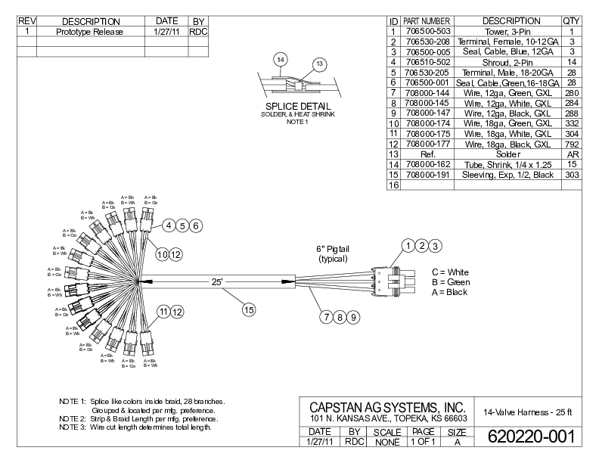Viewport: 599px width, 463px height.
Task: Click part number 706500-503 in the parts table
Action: click(x=427, y=31)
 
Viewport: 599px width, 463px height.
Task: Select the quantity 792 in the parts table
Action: click(x=572, y=144)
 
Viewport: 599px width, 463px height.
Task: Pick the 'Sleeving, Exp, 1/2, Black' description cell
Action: click(x=511, y=175)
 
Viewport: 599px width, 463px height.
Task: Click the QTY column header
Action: click(x=572, y=20)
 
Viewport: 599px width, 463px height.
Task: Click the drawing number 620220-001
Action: click(x=531, y=437)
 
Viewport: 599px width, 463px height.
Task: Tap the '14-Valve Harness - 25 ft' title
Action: click(x=527, y=412)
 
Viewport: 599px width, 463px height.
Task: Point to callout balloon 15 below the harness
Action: click(x=248, y=308)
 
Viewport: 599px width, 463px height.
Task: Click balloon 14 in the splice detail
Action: click(x=281, y=59)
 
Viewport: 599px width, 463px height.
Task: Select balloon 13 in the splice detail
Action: click(x=319, y=64)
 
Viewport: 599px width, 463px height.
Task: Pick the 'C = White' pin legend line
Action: click(x=450, y=272)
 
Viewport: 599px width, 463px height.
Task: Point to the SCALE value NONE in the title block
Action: click(x=387, y=441)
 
